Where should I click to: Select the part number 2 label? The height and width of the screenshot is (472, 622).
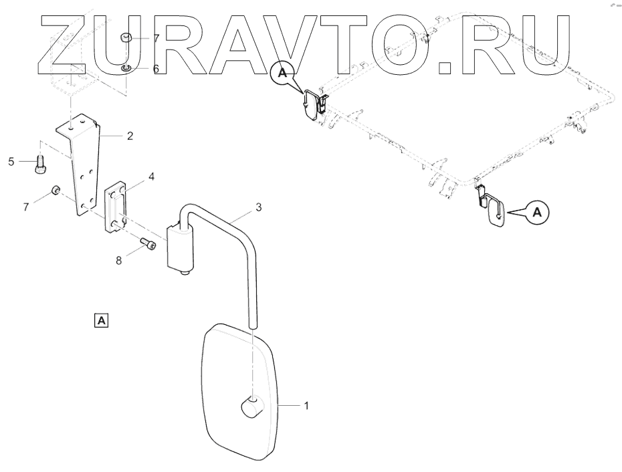130,136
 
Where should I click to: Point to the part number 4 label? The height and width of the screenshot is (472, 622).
152,176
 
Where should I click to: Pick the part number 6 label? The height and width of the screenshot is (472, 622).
156,69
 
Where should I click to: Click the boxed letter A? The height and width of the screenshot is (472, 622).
101,320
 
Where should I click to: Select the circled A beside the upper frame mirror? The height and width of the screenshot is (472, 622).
282,74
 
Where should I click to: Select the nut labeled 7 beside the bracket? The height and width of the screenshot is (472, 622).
54,193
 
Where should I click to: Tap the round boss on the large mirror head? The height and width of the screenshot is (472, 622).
251,406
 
